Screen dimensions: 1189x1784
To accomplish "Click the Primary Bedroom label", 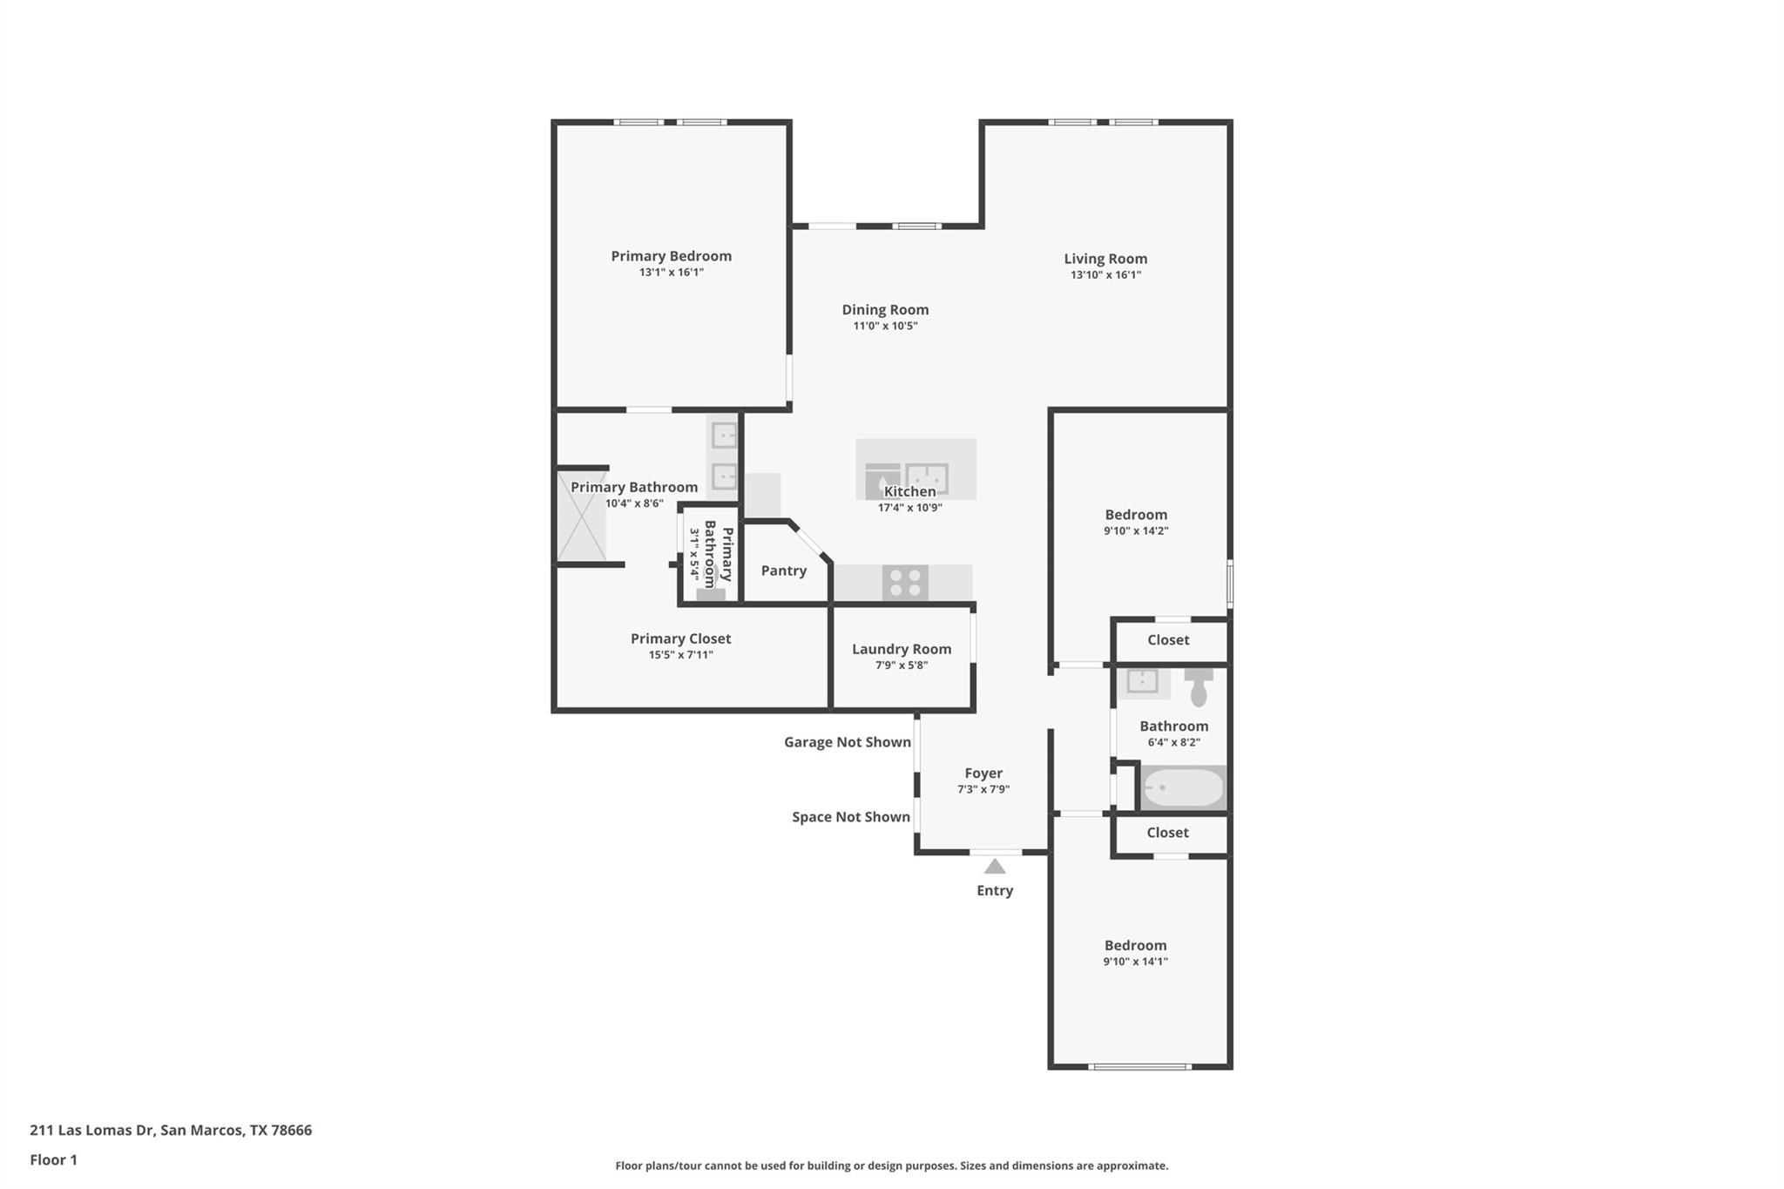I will click(671, 256).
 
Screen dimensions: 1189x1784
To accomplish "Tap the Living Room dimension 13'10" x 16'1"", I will click(1105, 275).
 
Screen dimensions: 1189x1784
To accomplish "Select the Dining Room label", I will click(885, 310).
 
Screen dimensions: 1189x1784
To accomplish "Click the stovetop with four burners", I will click(904, 583).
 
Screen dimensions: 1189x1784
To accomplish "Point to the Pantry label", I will click(783, 571).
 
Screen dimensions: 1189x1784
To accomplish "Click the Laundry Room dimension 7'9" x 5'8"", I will click(902, 665).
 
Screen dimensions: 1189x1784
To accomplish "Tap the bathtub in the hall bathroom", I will click(1183, 787).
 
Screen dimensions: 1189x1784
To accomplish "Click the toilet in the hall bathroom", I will click(1199, 686).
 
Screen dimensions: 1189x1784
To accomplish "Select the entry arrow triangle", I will click(995, 867).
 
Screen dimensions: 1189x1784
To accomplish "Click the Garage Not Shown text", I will click(847, 742).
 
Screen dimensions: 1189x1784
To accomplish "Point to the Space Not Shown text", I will click(850, 817).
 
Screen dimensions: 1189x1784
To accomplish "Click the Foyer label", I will click(983, 774).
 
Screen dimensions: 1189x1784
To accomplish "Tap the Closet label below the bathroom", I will click(1167, 833).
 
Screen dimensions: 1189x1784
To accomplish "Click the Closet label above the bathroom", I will click(1168, 640).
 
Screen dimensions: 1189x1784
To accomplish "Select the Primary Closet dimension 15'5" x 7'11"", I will click(680, 655).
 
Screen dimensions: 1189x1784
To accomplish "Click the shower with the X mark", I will click(582, 516).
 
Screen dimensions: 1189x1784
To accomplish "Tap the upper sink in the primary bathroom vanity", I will click(724, 435).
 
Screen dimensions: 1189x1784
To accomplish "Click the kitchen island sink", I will click(926, 478).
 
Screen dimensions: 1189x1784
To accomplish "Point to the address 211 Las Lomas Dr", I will click(170, 1131).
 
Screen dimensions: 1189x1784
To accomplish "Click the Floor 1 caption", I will click(53, 1160).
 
